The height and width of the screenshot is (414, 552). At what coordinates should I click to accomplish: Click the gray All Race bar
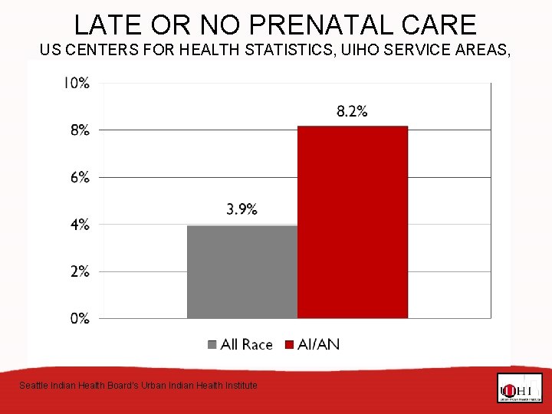pyautogui.click(x=242, y=271)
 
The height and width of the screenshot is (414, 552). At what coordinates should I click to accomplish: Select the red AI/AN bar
pyautogui.click(x=353, y=222)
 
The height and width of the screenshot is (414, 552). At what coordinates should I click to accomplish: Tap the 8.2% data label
pyautogui.click(x=352, y=111)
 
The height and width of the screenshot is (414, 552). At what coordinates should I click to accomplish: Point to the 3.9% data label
pyautogui.click(x=242, y=209)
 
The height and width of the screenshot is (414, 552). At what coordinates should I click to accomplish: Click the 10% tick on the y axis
pyautogui.click(x=76, y=83)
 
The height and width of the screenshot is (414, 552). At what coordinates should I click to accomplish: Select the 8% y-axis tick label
pyautogui.click(x=80, y=130)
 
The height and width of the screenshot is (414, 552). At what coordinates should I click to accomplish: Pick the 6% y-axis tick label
pyautogui.click(x=80, y=177)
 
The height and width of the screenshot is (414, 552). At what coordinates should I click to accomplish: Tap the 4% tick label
pyautogui.click(x=80, y=225)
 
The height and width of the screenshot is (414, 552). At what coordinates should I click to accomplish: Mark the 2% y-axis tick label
pyautogui.click(x=80, y=271)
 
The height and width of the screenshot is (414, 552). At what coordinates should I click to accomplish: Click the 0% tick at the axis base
pyautogui.click(x=80, y=318)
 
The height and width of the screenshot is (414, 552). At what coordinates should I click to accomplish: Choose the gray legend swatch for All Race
pyautogui.click(x=212, y=345)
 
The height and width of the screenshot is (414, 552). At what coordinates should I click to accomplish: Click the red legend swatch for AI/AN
pyautogui.click(x=291, y=345)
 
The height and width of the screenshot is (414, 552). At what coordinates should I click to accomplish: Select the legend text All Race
pyautogui.click(x=246, y=345)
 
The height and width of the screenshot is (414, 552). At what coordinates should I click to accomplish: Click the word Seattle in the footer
pyautogui.click(x=34, y=385)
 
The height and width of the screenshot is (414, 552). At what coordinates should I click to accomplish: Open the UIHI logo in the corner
pyautogui.click(x=519, y=388)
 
